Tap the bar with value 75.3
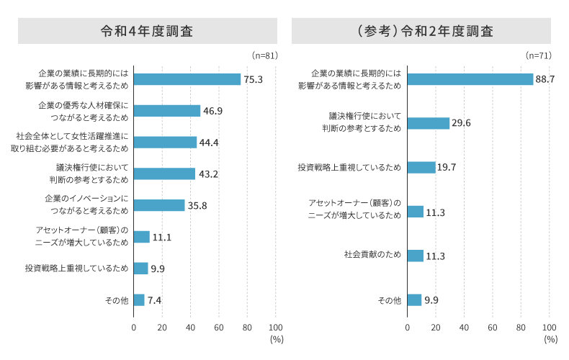187,79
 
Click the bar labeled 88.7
470,79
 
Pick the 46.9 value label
213,111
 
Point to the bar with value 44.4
165,142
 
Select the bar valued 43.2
164,174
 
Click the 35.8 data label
197,205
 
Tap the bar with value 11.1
141,237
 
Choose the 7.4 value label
154,300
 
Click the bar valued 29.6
428,123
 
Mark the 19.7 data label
448,167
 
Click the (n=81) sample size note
264,55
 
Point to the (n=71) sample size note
538,55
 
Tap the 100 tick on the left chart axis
275,327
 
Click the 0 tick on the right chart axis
407,327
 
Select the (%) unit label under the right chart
551,338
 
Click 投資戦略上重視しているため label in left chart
76,269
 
